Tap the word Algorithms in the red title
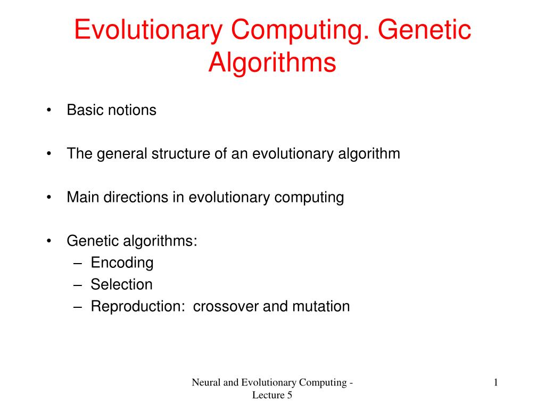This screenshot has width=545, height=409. point(272,62)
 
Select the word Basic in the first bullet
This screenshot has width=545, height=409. point(86,110)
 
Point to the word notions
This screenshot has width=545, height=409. point(133,110)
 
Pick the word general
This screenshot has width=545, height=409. point(121,154)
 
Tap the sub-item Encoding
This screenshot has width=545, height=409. point(122,263)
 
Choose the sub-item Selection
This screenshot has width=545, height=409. point(121,284)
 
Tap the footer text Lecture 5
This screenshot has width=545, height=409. point(272,395)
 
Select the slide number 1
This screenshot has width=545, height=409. point(496,382)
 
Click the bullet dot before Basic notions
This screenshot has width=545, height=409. point(49,111)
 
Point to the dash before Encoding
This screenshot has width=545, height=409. point(78,263)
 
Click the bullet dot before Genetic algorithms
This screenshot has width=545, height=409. point(49,241)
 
